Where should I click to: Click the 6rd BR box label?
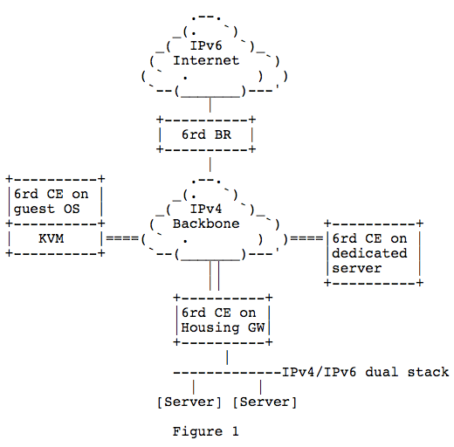click(x=206, y=134)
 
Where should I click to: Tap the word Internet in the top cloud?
click(x=206, y=60)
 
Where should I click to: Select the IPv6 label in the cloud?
click(x=206, y=45)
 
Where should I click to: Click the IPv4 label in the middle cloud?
click(x=206, y=209)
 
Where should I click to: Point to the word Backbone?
click(x=206, y=223)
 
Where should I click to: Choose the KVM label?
click(x=52, y=238)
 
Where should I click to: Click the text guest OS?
click(x=46, y=210)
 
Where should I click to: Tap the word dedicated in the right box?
click(x=369, y=253)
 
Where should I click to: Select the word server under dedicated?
click(x=357, y=268)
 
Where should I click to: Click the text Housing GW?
click(x=223, y=327)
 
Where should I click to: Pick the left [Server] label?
click(x=189, y=402)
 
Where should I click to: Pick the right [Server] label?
click(x=265, y=402)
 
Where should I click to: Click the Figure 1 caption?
click(x=206, y=431)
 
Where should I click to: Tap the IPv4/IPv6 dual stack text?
click(x=366, y=372)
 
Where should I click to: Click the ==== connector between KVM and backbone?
click(x=122, y=238)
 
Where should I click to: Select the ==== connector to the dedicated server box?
click(x=306, y=238)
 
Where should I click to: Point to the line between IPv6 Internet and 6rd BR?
click(x=210, y=105)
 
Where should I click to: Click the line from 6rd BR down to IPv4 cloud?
click(x=210, y=164)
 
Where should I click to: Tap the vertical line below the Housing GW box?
click(x=227, y=357)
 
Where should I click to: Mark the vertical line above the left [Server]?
click(x=194, y=387)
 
